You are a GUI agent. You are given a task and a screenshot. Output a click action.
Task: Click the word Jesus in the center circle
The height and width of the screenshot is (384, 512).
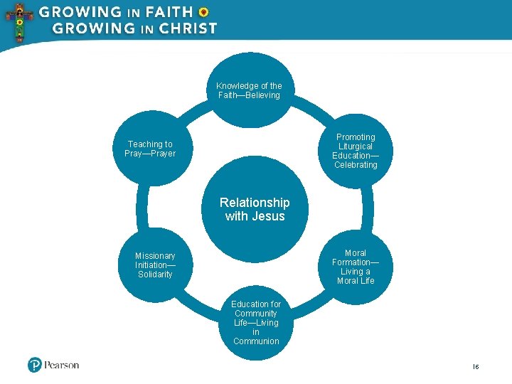(x=267, y=216)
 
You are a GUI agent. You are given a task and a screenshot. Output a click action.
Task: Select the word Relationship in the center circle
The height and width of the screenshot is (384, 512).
(x=255, y=203)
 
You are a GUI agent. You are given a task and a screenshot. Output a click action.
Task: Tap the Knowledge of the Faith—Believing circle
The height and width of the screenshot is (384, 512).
(x=249, y=90)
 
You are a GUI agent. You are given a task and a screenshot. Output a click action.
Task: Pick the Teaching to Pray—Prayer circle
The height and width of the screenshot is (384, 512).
(x=150, y=149)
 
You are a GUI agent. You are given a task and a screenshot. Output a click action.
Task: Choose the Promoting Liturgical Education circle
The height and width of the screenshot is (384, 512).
(x=356, y=151)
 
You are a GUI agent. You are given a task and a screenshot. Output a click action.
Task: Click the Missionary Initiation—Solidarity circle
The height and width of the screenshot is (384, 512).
(x=155, y=265)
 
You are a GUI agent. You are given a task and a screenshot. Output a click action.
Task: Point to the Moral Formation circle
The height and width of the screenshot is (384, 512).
(x=356, y=267)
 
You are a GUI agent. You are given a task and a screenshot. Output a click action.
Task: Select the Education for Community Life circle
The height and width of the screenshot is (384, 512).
(x=256, y=323)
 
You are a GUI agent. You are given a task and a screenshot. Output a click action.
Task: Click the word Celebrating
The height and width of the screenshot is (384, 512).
(x=356, y=165)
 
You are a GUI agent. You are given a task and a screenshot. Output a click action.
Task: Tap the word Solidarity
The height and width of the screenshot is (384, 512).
(x=155, y=274)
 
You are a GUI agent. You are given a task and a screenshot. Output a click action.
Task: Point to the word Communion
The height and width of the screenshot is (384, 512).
(x=256, y=341)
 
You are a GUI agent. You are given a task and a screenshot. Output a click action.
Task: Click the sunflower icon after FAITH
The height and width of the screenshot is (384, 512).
(x=203, y=12)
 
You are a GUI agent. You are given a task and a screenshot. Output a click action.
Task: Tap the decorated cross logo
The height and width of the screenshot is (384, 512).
(x=19, y=21)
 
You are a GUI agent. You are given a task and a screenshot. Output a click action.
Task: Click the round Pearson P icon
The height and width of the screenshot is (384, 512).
(x=35, y=366)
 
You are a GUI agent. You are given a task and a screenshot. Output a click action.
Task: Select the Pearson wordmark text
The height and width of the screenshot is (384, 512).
(x=62, y=366)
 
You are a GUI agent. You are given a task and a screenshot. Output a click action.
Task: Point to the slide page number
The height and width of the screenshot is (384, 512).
(x=476, y=366)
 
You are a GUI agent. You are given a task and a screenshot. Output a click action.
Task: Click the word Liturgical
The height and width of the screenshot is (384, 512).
(x=356, y=146)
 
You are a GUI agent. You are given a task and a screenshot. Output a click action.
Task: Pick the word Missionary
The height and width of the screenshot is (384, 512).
(x=155, y=256)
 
